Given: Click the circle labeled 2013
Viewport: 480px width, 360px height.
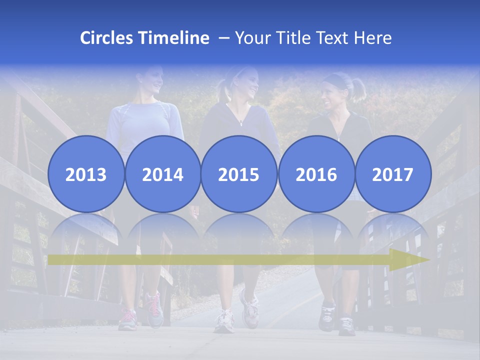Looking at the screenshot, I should click(86, 174).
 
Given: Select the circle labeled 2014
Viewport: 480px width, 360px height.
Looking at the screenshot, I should click(162, 174).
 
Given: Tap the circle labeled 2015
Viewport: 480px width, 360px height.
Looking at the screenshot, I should click(239, 174).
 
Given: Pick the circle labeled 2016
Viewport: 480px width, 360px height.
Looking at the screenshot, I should click(316, 174).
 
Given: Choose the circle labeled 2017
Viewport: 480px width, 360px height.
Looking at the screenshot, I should click(392, 174).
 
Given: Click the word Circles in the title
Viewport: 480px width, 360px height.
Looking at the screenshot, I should click(107, 38).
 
